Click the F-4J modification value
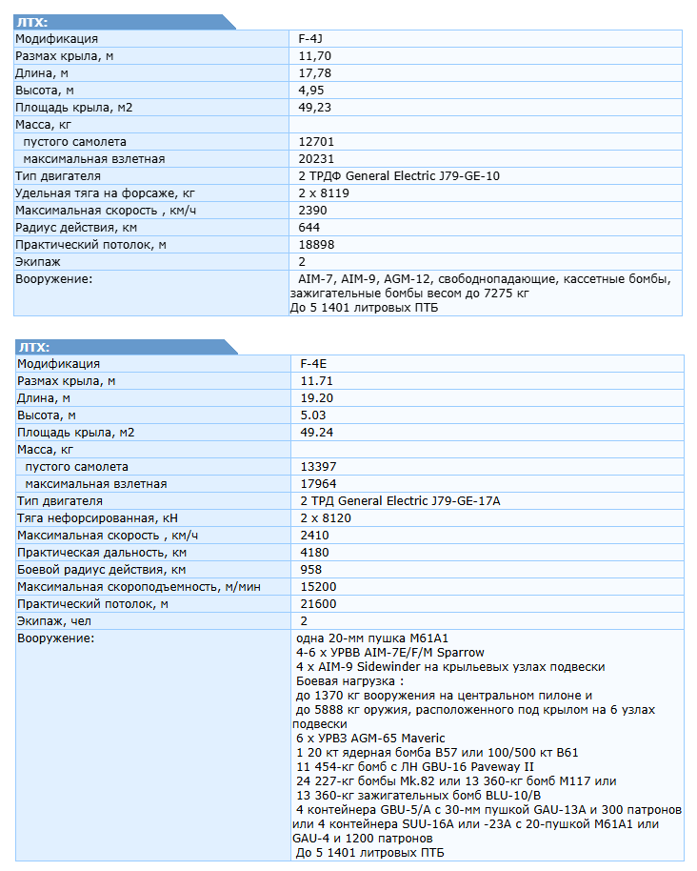pyautogui.click(x=312, y=39)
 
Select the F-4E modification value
pyautogui.click(x=314, y=364)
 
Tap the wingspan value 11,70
pyautogui.click(x=314, y=56)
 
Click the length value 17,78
pyautogui.click(x=314, y=73)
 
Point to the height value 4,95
pyautogui.click(x=311, y=91)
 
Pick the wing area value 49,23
pyautogui.click(x=314, y=108)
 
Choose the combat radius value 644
pyautogui.click(x=309, y=227)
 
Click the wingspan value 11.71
pyautogui.click(x=316, y=381)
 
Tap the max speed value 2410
pyautogui.click(x=314, y=536)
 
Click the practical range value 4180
pyautogui.click(x=314, y=553)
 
